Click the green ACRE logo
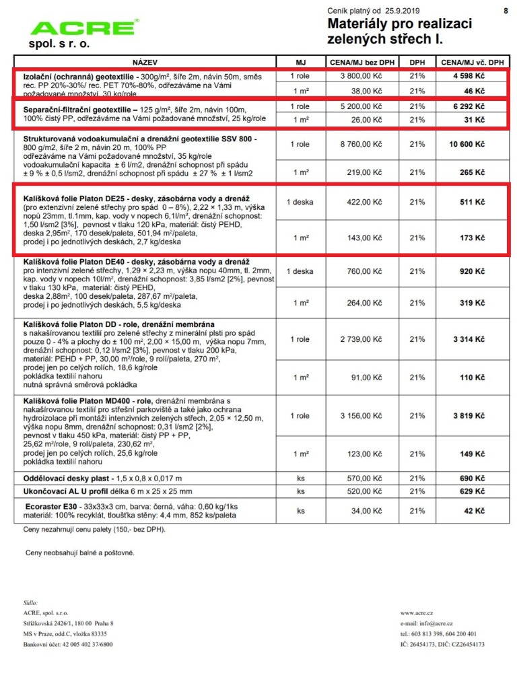tap(83, 28)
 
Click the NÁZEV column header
tap(146, 62)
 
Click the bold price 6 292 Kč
tap(470, 107)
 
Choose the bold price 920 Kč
tap(470, 272)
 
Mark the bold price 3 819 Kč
tap(470, 416)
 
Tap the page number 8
tap(505, 11)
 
